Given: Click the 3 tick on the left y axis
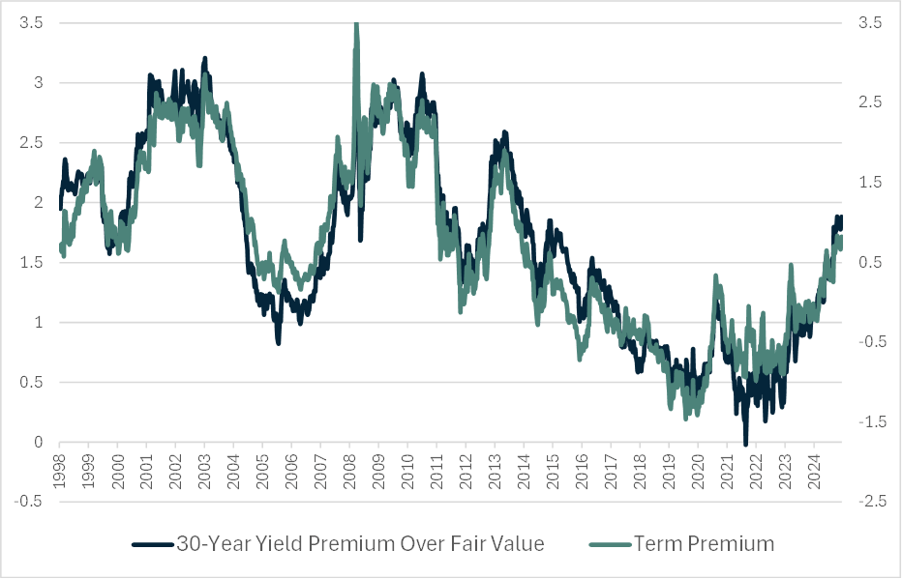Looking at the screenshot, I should coord(38,82).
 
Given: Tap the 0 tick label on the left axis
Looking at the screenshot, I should coord(38,442).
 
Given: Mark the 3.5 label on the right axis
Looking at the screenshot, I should coord(870,22).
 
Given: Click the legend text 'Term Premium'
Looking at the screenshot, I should coord(704,543).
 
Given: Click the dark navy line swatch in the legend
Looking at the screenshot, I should coord(153,544).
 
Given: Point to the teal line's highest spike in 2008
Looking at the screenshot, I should coord(356,25).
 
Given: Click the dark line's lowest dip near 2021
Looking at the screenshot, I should coord(745,443).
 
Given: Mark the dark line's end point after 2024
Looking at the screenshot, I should coord(841,217).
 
